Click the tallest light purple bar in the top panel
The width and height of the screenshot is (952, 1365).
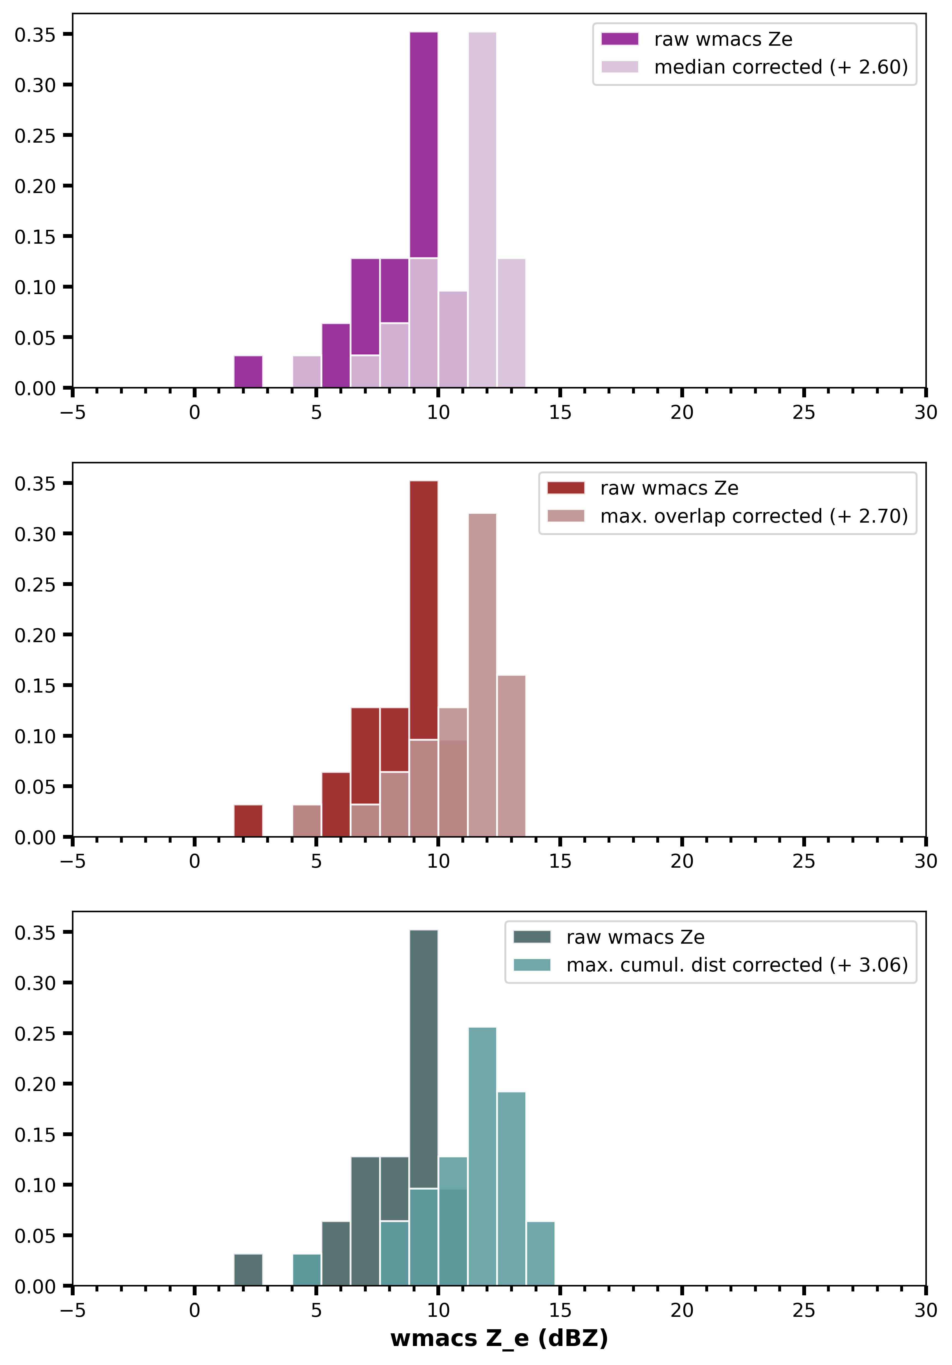pos(482,208)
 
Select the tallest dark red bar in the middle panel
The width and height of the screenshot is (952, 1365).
pos(424,606)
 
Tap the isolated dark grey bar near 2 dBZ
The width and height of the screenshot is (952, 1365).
pos(248,1270)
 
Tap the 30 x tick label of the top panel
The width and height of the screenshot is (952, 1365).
pos(925,413)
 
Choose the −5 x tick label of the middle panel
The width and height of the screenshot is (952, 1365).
pos(72,861)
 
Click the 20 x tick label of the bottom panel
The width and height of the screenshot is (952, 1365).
pos(682,1310)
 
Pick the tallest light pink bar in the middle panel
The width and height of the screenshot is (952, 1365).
pos(482,672)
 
